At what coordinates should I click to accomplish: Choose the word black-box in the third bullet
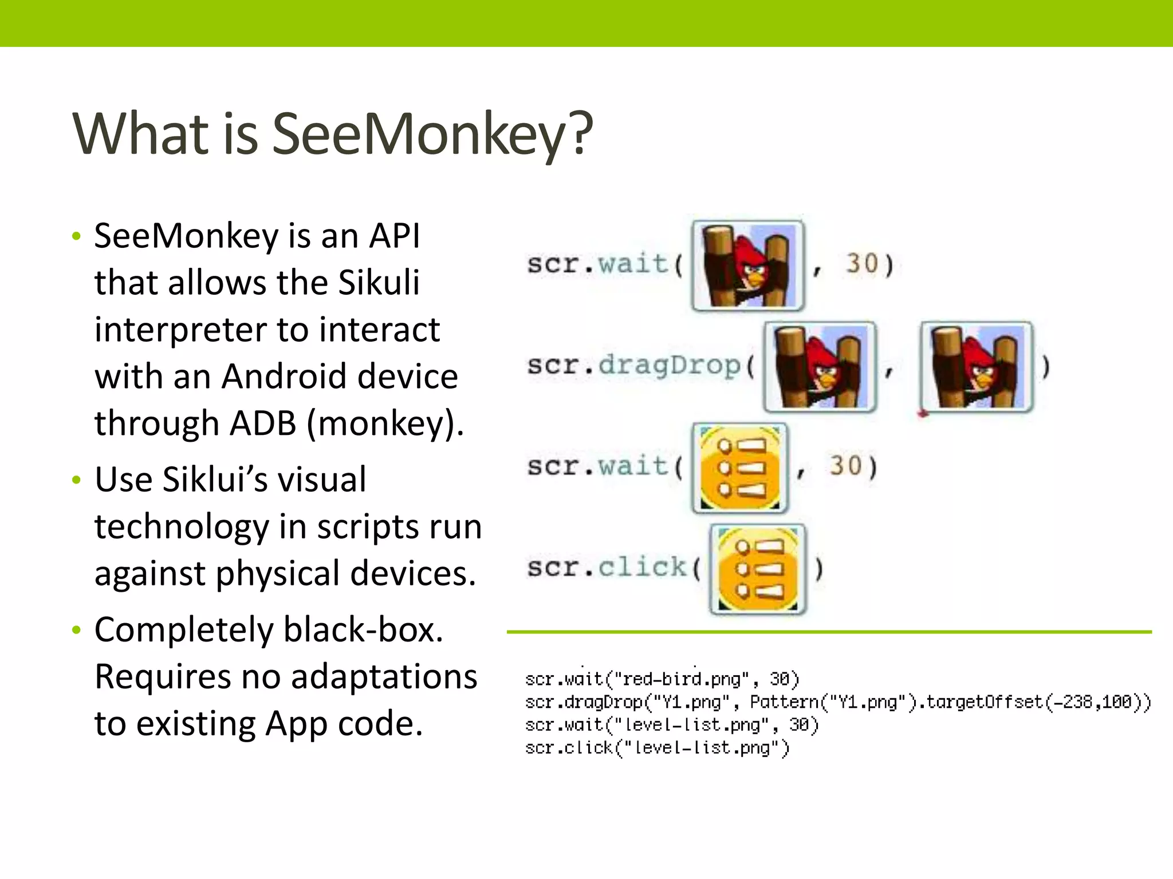(363, 630)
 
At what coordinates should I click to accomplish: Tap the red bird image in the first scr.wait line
(747, 266)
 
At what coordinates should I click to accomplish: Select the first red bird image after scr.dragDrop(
(820, 367)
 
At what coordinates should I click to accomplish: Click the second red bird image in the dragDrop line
(976, 367)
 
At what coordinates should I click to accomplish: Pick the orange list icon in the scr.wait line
(740, 468)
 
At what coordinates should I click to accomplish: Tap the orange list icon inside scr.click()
(757, 569)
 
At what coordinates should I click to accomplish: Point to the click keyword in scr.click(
(642, 567)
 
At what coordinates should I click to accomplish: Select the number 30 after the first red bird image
(862, 264)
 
